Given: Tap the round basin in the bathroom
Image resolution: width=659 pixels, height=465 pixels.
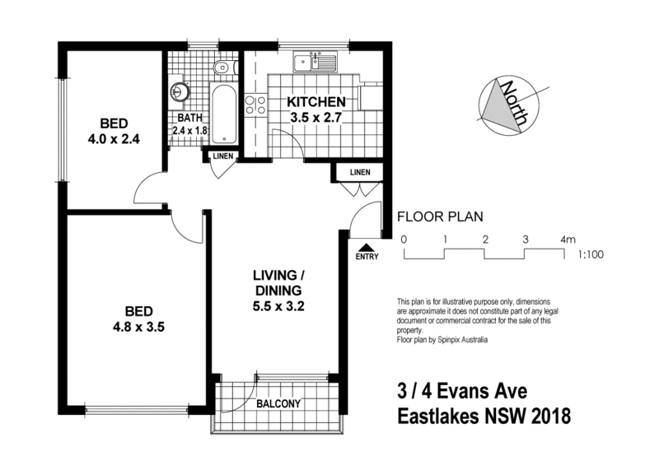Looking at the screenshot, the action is (x=180, y=91).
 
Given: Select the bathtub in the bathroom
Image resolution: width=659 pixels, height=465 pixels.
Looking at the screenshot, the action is (x=223, y=114).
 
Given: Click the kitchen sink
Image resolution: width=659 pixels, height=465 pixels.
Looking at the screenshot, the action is (x=315, y=63).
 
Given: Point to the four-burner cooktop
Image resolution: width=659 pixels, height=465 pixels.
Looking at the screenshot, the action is (x=255, y=105).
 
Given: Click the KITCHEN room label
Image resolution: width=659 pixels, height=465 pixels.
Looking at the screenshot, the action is (x=316, y=102).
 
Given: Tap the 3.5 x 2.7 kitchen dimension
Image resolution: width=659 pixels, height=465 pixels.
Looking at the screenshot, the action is (x=315, y=117).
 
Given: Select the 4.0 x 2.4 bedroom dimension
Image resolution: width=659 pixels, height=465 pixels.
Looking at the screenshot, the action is (x=114, y=138).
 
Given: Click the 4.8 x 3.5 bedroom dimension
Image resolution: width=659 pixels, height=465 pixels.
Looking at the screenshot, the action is (x=138, y=327).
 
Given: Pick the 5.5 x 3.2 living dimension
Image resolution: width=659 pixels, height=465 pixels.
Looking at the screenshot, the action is (x=278, y=307).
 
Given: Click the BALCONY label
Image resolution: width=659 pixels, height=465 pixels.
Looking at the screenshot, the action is (x=278, y=403).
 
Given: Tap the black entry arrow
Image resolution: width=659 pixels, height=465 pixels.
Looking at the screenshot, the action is (x=367, y=248).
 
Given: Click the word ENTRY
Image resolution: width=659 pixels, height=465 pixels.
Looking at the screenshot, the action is (x=367, y=257).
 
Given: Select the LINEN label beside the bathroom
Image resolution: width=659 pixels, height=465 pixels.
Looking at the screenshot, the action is (x=222, y=156).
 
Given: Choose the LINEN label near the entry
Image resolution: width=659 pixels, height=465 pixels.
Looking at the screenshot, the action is (x=360, y=172).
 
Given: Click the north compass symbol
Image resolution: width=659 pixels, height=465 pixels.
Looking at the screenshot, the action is (x=509, y=106).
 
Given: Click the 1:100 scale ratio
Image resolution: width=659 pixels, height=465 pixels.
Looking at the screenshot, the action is (x=591, y=254).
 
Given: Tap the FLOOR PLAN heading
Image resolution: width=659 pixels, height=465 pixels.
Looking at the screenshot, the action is (x=440, y=216).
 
